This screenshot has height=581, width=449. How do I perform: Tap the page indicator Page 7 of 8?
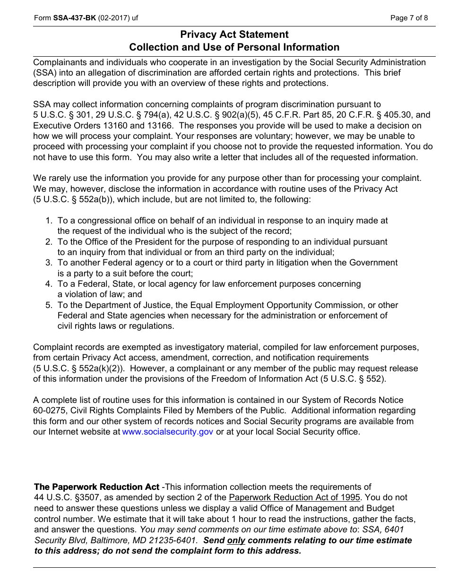(x=409, y=18)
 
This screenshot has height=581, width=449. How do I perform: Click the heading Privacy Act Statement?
(x=234, y=34)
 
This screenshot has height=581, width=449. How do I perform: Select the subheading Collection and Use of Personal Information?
(x=234, y=47)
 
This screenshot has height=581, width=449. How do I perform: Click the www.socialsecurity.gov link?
(x=168, y=432)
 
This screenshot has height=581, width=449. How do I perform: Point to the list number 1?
(x=49, y=221)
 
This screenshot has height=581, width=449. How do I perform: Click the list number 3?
(x=49, y=263)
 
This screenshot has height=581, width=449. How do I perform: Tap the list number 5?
(x=49, y=305)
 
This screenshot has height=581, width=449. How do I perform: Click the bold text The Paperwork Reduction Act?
(x=97, y=487)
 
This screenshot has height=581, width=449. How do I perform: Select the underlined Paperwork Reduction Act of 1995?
(x=294, y=497)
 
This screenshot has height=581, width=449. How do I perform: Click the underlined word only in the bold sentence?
(x=236, y=540)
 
